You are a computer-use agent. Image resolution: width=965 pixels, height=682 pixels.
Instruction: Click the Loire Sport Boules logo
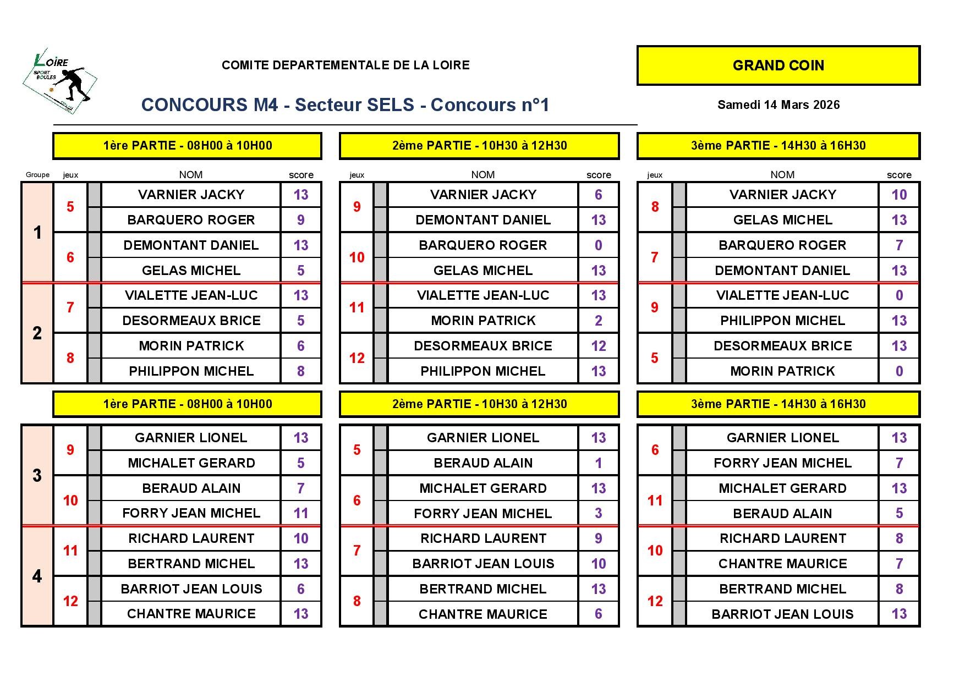click(60, 80)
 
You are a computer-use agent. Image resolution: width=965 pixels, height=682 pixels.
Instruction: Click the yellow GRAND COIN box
click(778, 65)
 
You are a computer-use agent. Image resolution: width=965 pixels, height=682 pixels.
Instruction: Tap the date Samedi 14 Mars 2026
click(778, 105)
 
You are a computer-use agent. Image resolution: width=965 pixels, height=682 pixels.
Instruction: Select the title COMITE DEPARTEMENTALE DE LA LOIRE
click(346, 65)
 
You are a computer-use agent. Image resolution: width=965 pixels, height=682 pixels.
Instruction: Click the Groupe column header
click(37, 175)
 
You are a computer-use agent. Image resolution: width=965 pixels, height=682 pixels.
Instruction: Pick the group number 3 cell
click(37, 475)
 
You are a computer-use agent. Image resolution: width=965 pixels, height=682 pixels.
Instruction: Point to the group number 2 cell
click(37, 333)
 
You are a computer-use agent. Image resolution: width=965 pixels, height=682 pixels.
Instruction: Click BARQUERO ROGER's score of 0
click(598, 245)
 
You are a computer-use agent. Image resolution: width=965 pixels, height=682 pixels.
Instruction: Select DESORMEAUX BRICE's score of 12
click(598, 346)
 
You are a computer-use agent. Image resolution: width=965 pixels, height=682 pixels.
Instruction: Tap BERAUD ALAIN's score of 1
click(598, 463)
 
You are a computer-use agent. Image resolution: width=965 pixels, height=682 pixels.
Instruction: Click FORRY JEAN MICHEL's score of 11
click(300, 513)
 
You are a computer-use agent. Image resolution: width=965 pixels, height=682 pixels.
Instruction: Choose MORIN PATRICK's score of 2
click(598, 321)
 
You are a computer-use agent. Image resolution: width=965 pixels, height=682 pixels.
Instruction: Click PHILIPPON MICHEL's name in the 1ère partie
click(191, 371)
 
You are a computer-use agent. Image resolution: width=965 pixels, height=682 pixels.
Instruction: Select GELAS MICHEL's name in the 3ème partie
click(782, 220)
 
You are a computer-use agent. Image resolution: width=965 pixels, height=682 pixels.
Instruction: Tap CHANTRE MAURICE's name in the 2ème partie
click(482, 614)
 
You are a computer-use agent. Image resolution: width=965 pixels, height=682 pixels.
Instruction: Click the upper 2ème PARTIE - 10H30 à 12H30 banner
click(479, 146)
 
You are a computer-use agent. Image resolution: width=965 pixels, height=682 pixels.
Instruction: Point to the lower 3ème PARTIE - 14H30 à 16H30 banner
click(778, 404)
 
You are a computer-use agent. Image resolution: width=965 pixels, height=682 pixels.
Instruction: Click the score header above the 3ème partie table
click(898, 175)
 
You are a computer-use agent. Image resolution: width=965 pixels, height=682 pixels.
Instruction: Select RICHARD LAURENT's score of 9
click(598, 538)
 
